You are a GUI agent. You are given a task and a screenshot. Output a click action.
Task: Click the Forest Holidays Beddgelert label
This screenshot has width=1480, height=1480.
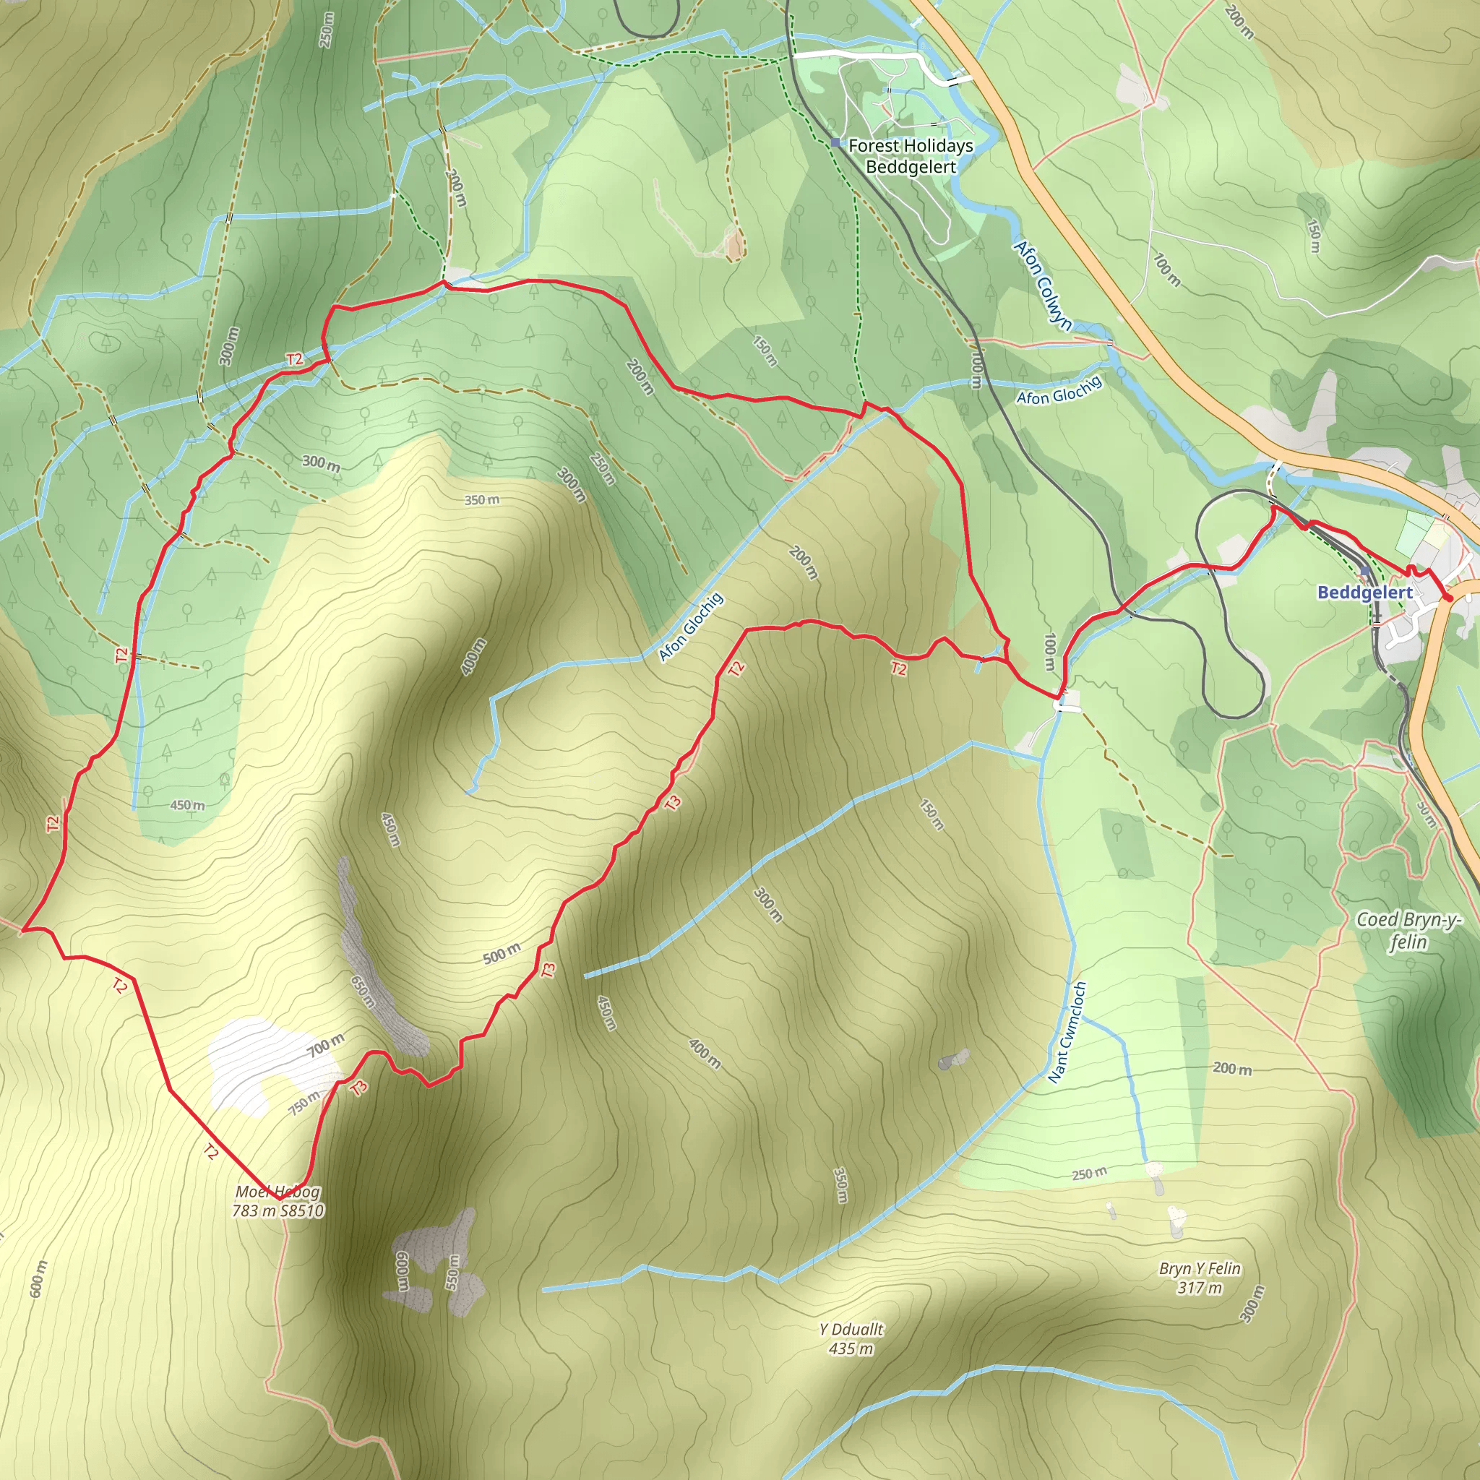point(910,155)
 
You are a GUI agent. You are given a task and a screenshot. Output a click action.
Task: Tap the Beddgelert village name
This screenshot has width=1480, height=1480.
point(1364,592)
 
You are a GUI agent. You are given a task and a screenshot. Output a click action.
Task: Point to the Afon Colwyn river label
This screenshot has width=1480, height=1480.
point(1043,285)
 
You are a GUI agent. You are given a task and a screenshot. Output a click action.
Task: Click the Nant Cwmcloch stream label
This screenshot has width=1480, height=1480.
point(1067,1032)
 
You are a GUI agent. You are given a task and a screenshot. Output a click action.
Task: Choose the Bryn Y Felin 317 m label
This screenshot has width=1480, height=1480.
point(1200,1278)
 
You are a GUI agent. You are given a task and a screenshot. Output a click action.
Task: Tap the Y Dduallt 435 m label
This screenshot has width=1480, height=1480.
point(851,1339)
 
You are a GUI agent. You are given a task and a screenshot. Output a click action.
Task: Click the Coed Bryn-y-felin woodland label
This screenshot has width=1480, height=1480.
point(1408,930)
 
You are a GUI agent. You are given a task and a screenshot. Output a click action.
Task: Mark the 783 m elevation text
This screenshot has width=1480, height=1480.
point(254,1211)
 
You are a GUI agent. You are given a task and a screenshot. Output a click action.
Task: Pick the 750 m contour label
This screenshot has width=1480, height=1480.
point(305,1103)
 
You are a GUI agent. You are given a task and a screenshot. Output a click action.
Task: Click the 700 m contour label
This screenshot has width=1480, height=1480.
point(327,1044)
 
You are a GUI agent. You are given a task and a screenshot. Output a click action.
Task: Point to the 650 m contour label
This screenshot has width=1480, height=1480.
point(363,991)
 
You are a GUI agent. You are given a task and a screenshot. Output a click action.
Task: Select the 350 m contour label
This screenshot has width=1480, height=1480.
point(482,500)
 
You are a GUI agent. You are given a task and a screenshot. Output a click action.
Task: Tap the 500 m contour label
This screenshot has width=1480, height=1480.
point(502,954)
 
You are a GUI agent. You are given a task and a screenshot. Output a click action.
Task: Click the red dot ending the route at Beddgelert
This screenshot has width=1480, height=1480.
point(1447,598)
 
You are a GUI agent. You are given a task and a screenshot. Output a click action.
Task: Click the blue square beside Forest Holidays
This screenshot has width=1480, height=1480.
point(835,142)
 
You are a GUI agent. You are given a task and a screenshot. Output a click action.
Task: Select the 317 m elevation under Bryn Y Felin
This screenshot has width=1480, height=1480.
point(1200,1288)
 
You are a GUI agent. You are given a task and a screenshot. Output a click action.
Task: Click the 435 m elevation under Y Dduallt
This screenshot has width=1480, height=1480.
point(851,1349)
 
